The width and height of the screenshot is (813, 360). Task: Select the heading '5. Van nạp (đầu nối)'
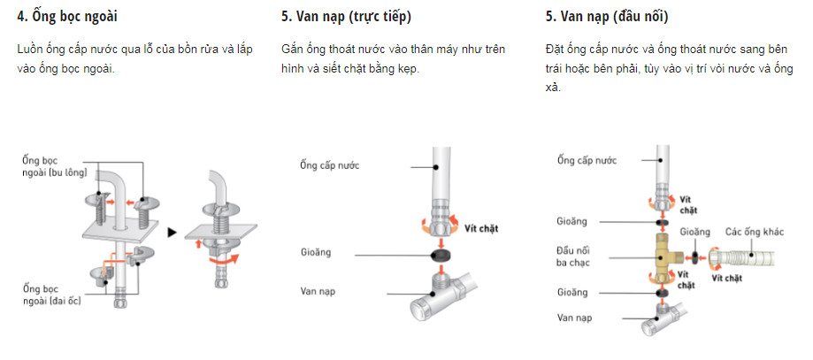coord(606,17)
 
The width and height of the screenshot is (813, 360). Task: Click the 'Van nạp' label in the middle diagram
coord(318,291)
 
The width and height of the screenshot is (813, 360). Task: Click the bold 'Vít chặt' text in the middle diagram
coord(482,227)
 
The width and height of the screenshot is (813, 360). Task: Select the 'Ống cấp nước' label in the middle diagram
coord(331,165)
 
